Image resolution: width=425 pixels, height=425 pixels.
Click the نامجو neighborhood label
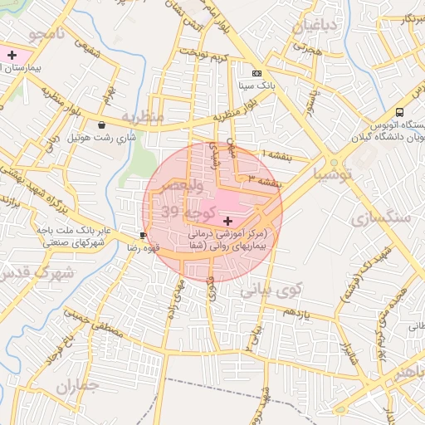48,33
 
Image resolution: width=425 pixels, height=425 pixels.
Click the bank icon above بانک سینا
256,73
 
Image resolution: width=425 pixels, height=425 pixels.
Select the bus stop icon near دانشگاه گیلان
400,112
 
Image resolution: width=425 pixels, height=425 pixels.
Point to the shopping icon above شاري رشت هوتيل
101,125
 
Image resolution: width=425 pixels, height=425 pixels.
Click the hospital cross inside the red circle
227,221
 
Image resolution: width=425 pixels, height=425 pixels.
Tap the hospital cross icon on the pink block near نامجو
12,55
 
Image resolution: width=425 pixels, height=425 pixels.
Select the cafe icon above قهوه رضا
144,236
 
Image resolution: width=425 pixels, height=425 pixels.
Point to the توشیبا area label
332,174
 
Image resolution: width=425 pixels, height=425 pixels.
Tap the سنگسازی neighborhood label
381,218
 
